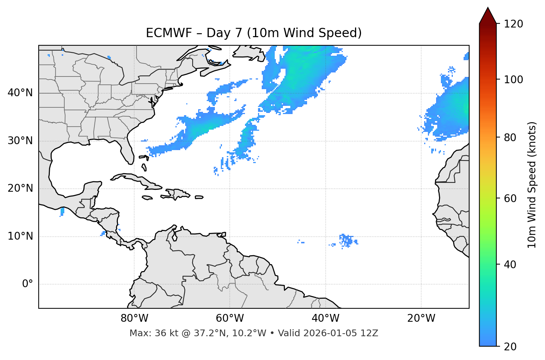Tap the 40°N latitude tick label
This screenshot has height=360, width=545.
(20, 93)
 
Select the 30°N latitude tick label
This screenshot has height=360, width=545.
(20, 141)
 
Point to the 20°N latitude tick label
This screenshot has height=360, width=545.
(20, 188)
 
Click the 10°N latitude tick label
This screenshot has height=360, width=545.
(20, 236)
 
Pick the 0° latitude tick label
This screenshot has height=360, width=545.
(28, 284)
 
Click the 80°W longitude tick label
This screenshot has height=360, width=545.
(134, 318)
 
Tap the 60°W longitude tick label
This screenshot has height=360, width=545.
(230, 318)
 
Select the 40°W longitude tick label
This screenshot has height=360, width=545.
(325, 318)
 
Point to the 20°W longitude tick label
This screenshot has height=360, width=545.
(421, 318)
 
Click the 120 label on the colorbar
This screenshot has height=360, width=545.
(513, 24)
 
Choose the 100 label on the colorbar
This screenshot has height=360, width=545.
(513, 80)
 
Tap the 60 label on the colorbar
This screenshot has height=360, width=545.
(510, 198)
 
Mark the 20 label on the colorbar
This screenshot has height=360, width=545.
(510, 347)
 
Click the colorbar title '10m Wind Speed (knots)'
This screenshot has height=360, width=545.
(532, 185)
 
